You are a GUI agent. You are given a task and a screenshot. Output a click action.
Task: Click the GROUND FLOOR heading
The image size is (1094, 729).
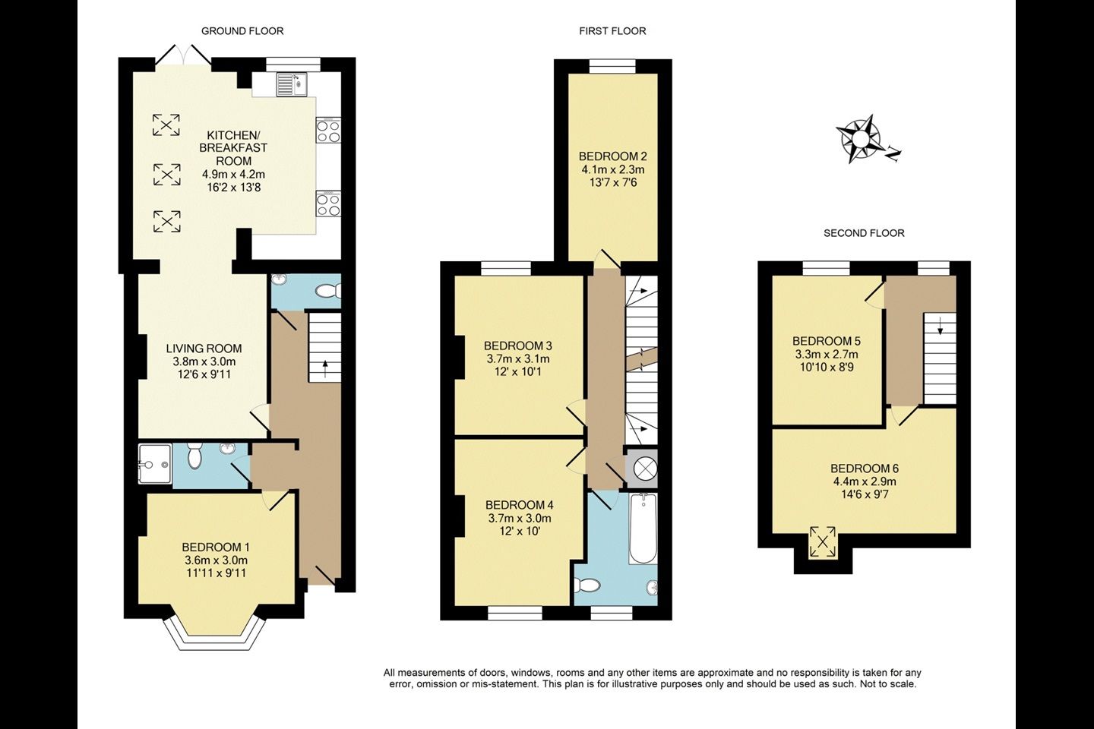point(242,31)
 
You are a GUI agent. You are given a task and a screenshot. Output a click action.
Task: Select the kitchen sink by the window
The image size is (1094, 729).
point(292,84)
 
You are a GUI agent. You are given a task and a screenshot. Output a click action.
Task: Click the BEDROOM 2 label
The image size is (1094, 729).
point(613,156)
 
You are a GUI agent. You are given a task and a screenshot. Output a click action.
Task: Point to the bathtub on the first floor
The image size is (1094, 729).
point(643,529)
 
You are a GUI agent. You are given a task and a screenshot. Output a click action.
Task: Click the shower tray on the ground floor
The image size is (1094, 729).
point(155,464)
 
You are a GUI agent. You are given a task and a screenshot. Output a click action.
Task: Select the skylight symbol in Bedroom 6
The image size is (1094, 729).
point(823,541)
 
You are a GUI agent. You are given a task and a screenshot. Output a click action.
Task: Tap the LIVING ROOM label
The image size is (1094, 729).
point(204,349)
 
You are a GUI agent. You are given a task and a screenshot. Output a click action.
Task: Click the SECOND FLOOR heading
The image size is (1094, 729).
point(864,233)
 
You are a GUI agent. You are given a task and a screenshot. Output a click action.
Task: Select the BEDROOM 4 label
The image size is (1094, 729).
point(519,505)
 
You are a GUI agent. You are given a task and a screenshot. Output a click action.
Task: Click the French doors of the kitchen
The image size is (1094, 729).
point(183,55)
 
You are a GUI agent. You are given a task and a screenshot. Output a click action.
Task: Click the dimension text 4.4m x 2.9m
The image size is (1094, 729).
point(865,481)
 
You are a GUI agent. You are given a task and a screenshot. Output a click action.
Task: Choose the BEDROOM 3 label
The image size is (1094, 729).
point(517,346)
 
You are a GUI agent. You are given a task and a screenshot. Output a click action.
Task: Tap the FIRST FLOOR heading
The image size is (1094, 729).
point(612,31)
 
